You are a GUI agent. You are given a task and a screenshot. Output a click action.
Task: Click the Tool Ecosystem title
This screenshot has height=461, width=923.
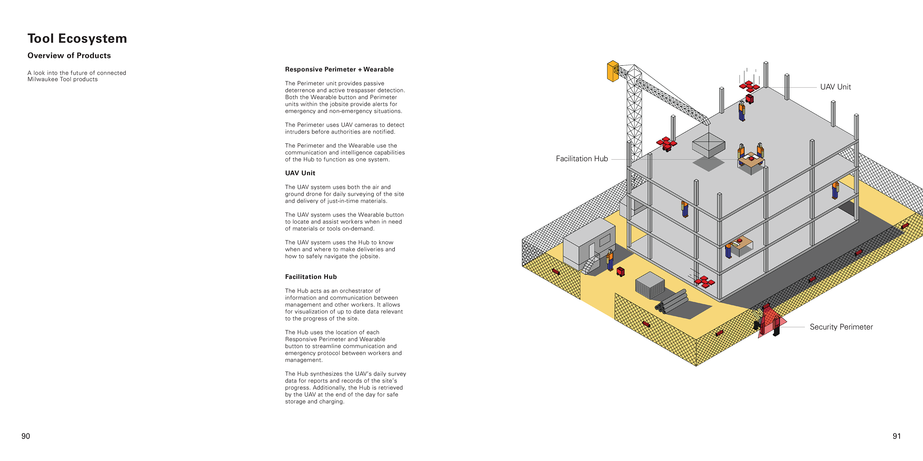pos(77,38)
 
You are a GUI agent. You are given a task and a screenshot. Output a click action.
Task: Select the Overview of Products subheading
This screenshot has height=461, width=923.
pos(69,55)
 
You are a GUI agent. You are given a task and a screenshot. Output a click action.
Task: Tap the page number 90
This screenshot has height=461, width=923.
pos(26,436)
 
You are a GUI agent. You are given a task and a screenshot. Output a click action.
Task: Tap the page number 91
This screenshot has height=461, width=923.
pos(897,436)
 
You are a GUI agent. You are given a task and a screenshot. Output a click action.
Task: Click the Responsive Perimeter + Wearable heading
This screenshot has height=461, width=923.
pos(339,69)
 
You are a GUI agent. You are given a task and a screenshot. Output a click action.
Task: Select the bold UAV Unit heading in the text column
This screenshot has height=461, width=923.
pos(300,173)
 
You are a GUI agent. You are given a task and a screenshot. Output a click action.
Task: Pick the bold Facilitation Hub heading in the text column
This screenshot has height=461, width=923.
pos(311,277)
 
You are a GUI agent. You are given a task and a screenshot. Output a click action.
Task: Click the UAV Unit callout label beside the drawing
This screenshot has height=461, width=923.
pos(835,87)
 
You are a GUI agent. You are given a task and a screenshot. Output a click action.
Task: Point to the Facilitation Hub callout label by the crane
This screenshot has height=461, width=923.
pos(581,159)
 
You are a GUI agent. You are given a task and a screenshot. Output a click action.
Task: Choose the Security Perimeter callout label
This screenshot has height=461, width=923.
pos(841,327)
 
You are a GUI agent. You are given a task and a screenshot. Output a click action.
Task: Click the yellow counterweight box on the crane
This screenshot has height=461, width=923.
pos(612,71)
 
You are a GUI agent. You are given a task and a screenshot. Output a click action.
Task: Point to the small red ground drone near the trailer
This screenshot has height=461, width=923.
pos(621,272)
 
